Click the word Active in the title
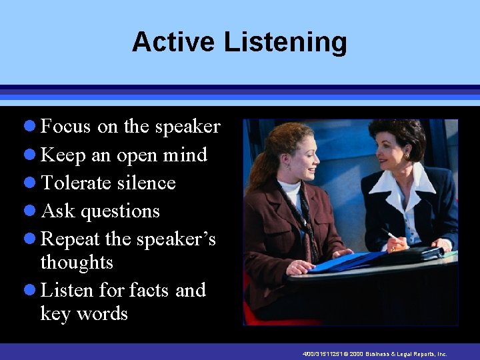coord(174,42)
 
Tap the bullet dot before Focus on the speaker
coord(31,127)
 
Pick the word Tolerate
coord(75,183)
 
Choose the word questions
coord(120,212)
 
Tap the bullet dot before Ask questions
coord(31,211)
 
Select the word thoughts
coord(77,263)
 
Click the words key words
coord(83,313)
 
